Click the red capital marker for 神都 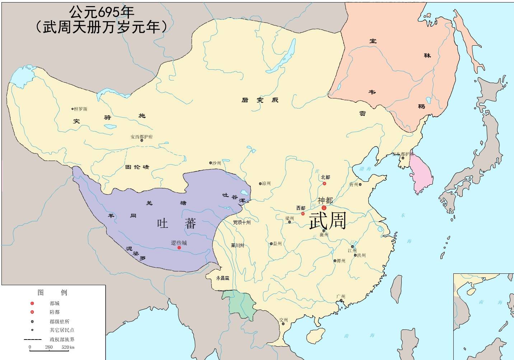[324, 208]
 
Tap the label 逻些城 [179, 243]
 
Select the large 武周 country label [327, 220]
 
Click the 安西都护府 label [141, 137]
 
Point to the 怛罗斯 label [80, 109]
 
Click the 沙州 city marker [211, 163]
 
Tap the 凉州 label [266, 184]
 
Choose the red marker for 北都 [324, 184]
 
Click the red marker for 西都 [303, 214]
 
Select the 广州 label [341, 296]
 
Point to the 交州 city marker [283, 324]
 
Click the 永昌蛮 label [223, 278]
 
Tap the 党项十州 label [242, 222]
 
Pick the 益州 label [277, 244]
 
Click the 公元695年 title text [102, 12]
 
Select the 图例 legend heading [52, 292]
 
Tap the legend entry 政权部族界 [62, 339]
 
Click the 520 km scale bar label [68, 347]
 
